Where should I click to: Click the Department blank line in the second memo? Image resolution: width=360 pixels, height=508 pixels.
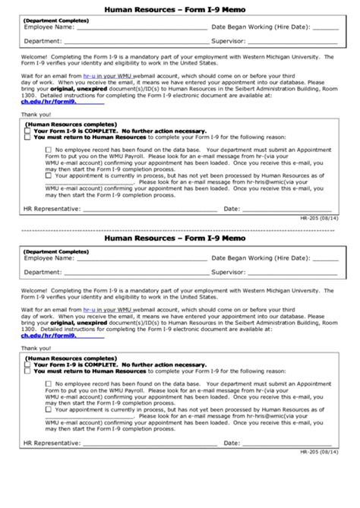click(135, 273)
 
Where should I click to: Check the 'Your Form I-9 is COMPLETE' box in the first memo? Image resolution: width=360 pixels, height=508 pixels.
click(27, 129)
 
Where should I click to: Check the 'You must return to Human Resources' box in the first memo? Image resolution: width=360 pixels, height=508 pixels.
click(27, 136)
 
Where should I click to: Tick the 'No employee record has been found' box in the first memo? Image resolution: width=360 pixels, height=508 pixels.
click(48, 150)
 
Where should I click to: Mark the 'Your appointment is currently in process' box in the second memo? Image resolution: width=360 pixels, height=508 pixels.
click(48, 407)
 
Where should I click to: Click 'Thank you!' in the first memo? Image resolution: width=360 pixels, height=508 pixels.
click(33, 113)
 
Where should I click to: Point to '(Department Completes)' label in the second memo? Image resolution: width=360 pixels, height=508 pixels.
click(55, 251)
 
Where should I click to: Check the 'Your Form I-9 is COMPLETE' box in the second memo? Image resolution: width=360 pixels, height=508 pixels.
click(27, 363)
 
